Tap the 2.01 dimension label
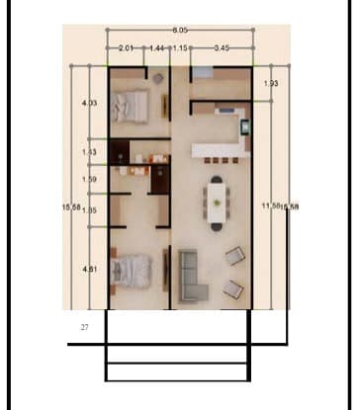point(126,47)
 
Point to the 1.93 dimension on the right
point(272,84)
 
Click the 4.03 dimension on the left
point(89,103)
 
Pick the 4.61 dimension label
point(89,269)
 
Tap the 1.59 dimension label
point(89,179)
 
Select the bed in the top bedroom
point(130,104)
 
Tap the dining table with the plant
point(216,202)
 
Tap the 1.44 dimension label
point(157,47)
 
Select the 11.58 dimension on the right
point(271,205)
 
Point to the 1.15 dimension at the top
point(179,47)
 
